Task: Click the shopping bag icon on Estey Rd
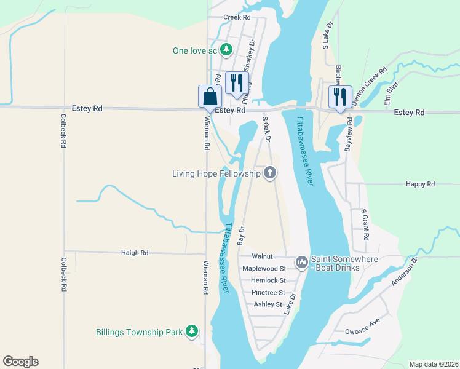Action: [210, 97]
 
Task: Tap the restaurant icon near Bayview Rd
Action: [339, 96]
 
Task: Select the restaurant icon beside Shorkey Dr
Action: [236, 82]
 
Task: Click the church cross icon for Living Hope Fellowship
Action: [269, 174]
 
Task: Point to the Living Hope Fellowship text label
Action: [217, 174]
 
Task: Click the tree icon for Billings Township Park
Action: [192, 332]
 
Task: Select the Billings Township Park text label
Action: [140, 332]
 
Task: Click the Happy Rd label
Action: [421, 184]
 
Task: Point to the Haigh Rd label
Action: [135, 253]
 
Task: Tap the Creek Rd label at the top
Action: [237, 18]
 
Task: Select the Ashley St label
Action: [268, 304]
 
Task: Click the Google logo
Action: [20, 362]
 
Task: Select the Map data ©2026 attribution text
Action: [434, 364]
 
